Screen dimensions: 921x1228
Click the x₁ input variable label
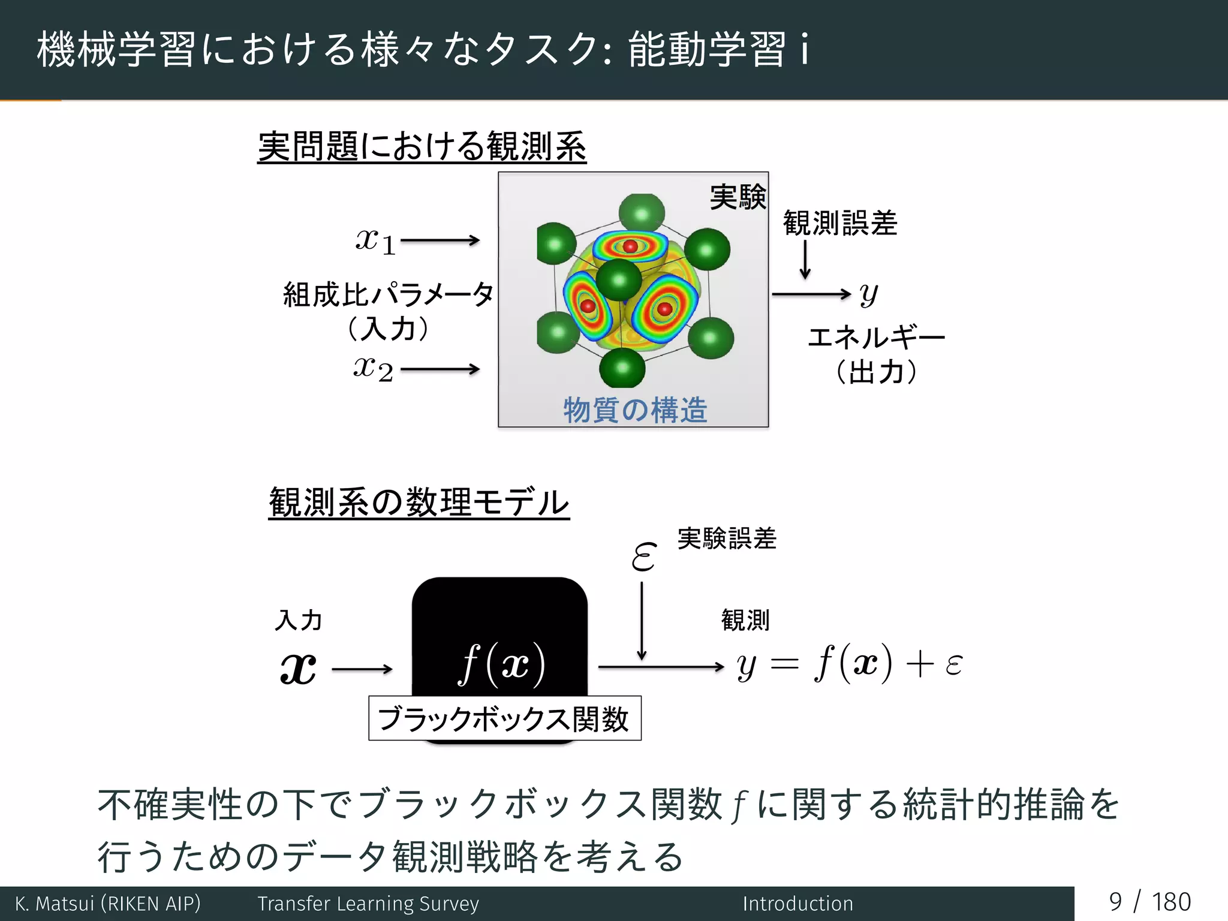tap(375, 242)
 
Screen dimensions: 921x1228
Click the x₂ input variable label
tap(373, 368)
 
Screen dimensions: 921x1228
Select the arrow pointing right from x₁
tap(440, 240)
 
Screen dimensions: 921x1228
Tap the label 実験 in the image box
tap(738, 197)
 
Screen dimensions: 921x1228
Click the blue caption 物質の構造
tap(635, 410)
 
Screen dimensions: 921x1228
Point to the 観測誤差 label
tap(839, 223)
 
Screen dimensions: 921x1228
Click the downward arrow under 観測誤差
tap(805, 259)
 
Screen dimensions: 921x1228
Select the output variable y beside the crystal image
tap(868, 294)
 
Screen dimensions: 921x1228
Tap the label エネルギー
tap(876, 338)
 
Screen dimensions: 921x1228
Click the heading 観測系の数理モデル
tap(419, 502)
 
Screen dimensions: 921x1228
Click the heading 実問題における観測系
tap(422, 146)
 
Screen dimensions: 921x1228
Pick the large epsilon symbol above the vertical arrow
tap(644, 556)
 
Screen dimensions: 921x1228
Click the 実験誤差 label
tap(727, 538)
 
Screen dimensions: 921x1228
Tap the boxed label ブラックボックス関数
tap(504, 718)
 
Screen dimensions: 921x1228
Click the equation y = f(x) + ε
tap(850, 664)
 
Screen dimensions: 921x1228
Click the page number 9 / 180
tap(1149, 902)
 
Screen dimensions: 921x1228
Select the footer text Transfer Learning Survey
tap(368, 904)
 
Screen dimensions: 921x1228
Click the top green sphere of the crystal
tap(642, 213)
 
